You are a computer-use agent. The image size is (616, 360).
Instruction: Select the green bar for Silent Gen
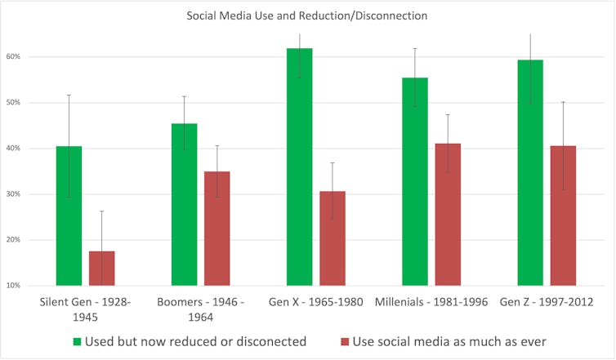69,216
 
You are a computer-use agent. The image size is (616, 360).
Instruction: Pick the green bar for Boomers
185,204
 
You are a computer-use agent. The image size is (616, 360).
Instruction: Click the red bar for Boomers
217,228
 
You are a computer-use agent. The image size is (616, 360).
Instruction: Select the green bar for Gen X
300,167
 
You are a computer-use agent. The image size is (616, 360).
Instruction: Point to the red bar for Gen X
333,238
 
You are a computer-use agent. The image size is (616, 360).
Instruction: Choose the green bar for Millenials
415,181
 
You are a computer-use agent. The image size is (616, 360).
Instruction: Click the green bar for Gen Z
530,172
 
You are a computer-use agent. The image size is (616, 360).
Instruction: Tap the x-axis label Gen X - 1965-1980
315,302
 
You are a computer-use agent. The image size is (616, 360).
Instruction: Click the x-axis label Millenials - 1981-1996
431,302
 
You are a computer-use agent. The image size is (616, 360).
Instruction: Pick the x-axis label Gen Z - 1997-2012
547,302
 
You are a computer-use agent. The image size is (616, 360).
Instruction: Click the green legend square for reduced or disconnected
78,341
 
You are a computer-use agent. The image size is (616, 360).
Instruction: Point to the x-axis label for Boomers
200,309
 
